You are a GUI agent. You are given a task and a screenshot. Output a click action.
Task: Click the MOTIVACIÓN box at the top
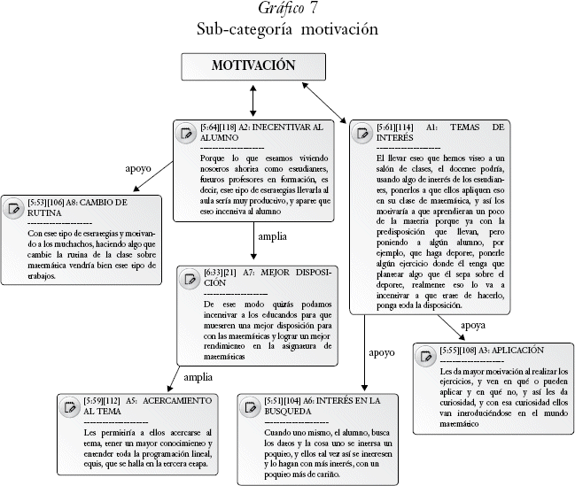253,67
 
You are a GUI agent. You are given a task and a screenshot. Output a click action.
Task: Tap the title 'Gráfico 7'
288,10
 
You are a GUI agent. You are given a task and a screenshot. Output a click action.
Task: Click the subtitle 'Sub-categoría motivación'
288,29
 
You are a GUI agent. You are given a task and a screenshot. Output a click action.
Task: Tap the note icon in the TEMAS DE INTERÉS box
361,134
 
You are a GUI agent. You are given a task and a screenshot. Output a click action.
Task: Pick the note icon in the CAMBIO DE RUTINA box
14,209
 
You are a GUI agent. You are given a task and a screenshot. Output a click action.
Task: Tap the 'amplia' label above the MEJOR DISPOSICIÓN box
271,236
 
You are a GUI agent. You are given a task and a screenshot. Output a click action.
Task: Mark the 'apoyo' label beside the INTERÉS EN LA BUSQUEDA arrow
381,351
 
